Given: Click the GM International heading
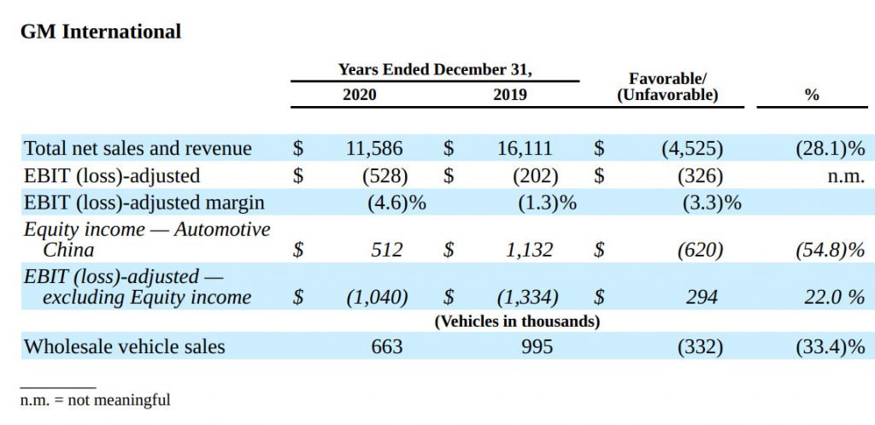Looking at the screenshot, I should [x=101, y=32].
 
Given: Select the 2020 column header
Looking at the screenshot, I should [x=359, y=95].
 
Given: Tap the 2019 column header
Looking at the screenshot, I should [x=510, y=95].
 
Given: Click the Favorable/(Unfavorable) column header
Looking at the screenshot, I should [x=667, y=87].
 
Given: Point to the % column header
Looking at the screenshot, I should [x=812, y=95].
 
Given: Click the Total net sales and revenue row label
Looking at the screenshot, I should [x=138, y=148].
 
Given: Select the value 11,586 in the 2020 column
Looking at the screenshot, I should [x=373, y=148].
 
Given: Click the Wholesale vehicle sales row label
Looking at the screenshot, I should [x=125, y=346].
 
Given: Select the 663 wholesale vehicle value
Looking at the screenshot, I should [x=386, y=346].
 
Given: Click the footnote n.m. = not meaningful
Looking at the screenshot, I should [x=96, y=399].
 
